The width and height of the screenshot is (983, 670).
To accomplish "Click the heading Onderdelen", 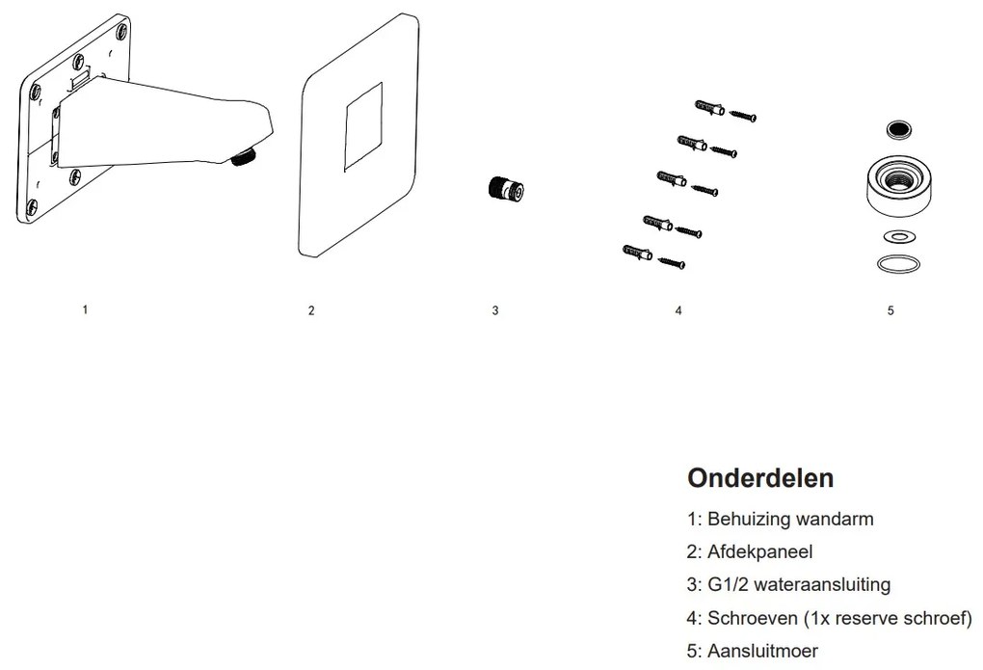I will point(760,478).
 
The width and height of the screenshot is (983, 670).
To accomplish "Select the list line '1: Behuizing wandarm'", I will point(781,519).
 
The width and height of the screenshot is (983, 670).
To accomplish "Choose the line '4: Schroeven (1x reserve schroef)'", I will point(830,618).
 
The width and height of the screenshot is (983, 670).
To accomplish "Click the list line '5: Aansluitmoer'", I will point(752,651).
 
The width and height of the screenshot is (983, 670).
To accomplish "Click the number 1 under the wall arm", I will point(86,309).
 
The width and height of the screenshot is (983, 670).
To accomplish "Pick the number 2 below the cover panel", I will point(310,310).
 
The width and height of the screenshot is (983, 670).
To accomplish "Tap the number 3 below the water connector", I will point(495,310).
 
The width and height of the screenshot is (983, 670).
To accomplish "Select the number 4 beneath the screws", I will point(678,310).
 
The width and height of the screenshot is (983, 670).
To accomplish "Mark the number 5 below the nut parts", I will point(890,310).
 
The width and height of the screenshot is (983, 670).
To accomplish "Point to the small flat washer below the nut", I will point(898,236).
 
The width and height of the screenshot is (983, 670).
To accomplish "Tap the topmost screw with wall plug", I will point(723,110).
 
